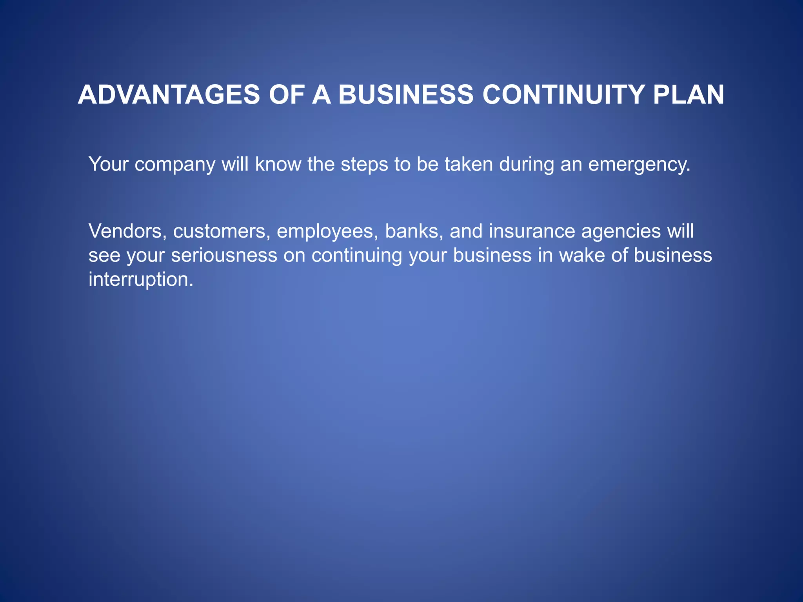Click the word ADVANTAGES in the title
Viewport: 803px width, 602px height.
[x=169, y=95]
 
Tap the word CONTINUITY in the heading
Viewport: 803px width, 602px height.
[x=563, y=95]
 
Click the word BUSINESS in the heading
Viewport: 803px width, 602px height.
[x=405, y=95]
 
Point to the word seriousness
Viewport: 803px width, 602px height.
[x=224, y=256]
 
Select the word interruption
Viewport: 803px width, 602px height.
[x=141, y=280]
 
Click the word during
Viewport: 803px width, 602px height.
[x=527, y=165]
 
